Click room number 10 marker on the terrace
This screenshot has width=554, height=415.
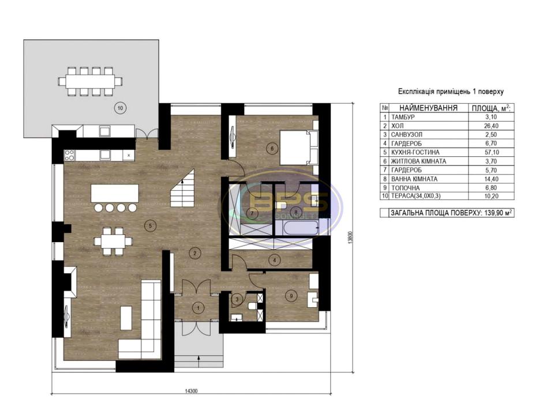tap(120, 108)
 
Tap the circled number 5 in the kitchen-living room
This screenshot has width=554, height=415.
tap(151, 226)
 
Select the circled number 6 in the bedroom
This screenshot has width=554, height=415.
tap(272, 149)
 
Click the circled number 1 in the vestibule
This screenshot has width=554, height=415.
tap(198, 308)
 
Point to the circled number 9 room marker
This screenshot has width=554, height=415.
tap(291, 296)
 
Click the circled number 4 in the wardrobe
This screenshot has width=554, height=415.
tap(275, 261)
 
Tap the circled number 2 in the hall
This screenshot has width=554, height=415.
tap(194, 252)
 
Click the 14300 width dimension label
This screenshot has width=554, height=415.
tap(191, 391)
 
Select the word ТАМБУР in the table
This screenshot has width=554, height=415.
tap(403, 117)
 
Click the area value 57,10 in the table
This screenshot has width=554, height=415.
tap(492, 152)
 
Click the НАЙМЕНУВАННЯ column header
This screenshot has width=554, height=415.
tap(429, 108)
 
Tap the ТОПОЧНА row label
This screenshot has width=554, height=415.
tap(405, 188)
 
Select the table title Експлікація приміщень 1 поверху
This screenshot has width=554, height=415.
tap(451, 92)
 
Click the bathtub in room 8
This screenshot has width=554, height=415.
tap(302, 228)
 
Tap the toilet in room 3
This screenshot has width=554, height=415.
tap(252, 305)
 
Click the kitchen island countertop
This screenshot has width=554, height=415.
tap(114, 193)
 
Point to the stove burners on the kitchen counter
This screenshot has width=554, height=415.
tap(70, 155)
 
